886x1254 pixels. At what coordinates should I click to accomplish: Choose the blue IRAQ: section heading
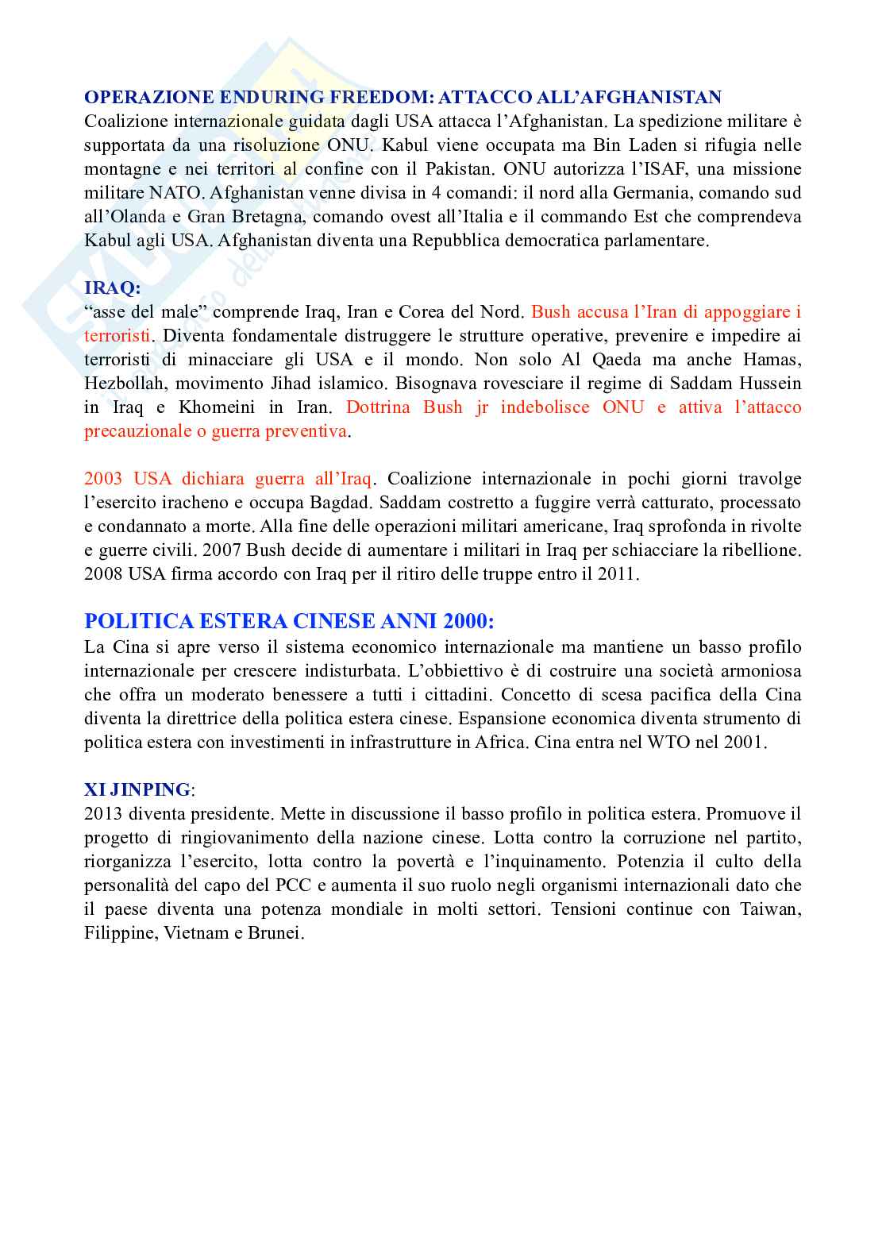[x=112, y=288]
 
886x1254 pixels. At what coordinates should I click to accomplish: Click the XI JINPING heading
[x=137, y=789]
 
